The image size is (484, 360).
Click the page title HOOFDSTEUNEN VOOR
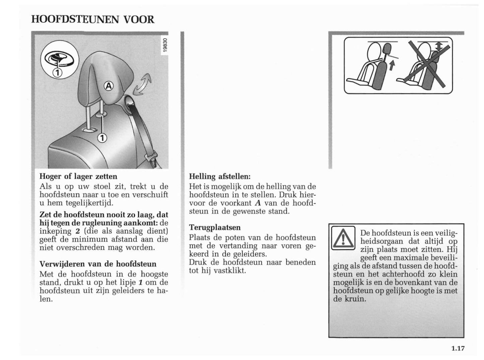click(93, 19)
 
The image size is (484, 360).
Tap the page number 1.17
click(458, 348)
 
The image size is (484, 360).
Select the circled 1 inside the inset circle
click(57, 72)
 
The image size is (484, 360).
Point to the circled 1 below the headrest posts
click(102, 138)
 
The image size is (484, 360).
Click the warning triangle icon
click(343, 238)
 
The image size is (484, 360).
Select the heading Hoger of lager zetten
click(78, 176)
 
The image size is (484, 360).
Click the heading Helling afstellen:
click(220, 176)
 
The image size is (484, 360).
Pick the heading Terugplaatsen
click(215, 227)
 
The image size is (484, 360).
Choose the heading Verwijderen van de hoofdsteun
click(98, 264)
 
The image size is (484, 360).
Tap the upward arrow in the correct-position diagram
click(391, 66)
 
